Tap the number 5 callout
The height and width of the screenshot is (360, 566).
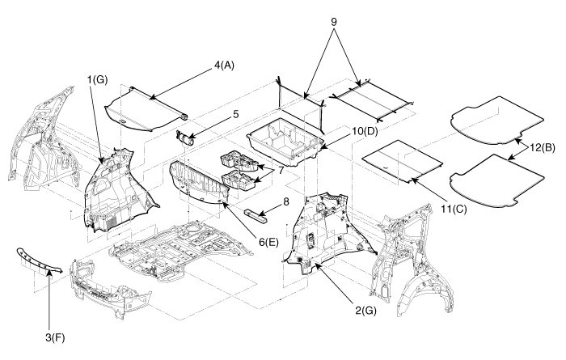[234, 115]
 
